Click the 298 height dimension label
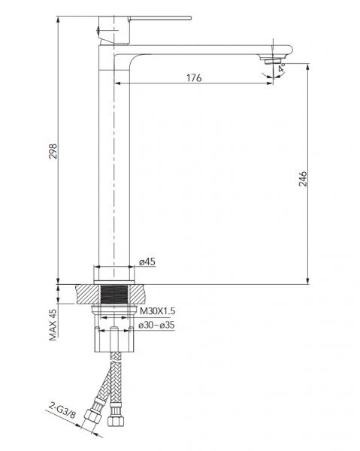pyautogui.click(x=53, y=151)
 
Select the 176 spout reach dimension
pyautogui.click(x=194, y=77)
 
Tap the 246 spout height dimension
pyautogui.click(x=302, y=179)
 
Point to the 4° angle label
pyautogui.click(x=282, y=68)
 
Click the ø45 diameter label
pyautogui.click(x=147, y=262)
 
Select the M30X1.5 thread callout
pyautogui.click(x=158, y=311)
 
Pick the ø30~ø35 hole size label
pyautogui.click(x=156, y=325)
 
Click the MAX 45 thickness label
pyautogui.click(x=53, y=325)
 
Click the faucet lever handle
pyautogui.click(x=160, y=18)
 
